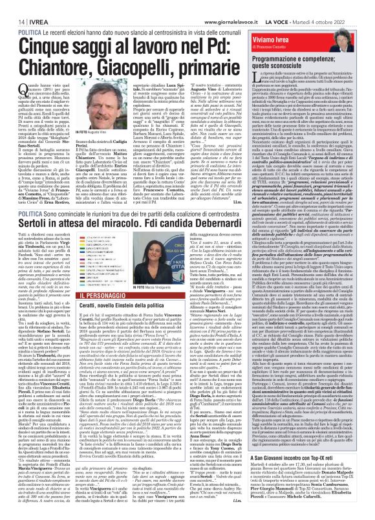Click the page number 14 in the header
click(x=12, y=6)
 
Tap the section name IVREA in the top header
click(x=31, y=6)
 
